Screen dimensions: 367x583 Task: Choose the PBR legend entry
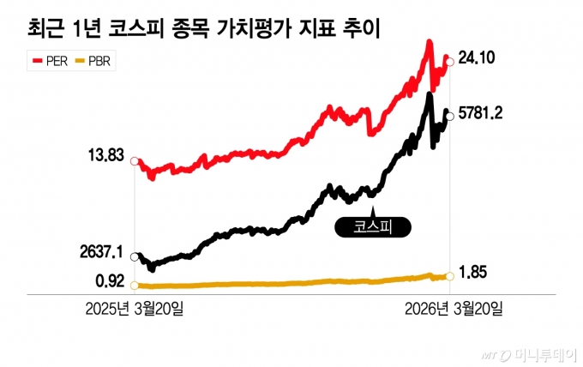96,61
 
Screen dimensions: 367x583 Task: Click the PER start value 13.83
107,156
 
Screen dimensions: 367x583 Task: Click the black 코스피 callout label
371,227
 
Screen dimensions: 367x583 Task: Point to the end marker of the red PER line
450,61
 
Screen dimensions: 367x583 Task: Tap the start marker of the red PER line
134,158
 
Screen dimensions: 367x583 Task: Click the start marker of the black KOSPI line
134,256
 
